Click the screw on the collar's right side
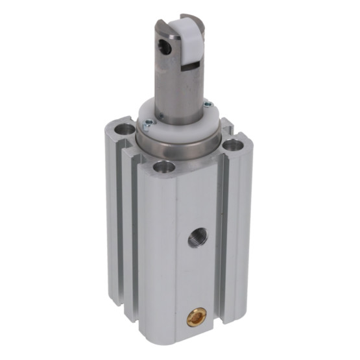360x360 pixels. point(207,104)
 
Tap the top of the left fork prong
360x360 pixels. point(163,24)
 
